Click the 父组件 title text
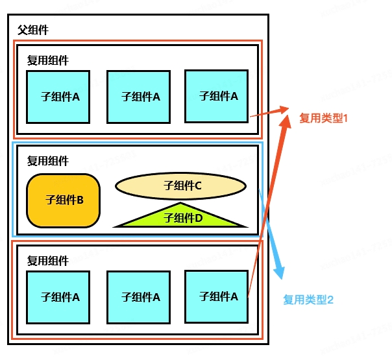pos(33,30)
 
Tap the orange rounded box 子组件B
pos(63,200)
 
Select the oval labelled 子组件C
pos(181,186)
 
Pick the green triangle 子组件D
pos(181,217)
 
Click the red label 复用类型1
pos(323,118)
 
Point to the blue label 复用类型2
pos(308,300)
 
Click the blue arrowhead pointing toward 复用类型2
pos(280,272)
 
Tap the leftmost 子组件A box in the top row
pos(58,97)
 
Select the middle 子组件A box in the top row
pos(138,97)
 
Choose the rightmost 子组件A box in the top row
pos(217,97)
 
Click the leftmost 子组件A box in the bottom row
pos(58,297)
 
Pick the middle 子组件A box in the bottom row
pos(138,297)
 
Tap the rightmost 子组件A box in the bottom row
pos(217,297)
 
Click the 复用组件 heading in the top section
pos(48,60)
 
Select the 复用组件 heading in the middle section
pos(48,161)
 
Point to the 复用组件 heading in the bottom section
pos(48,261)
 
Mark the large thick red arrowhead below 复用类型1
pos(286,122)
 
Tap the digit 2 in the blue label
pos(330,300)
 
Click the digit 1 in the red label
pos(346,118)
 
